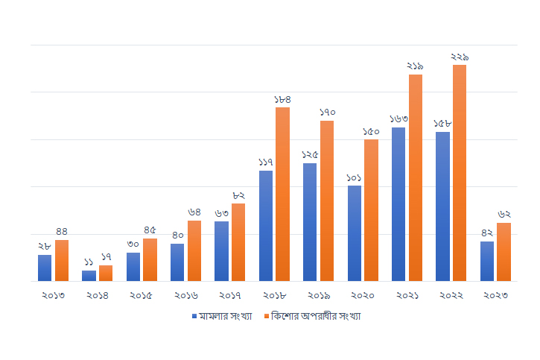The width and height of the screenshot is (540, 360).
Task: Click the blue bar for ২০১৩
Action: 45,268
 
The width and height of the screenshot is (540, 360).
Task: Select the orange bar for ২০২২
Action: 460,173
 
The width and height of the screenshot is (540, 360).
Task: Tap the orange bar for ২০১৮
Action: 282,194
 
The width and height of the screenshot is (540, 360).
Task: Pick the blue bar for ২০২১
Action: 398,204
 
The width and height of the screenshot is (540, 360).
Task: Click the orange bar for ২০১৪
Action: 106,273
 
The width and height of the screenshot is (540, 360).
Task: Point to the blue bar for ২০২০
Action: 355,233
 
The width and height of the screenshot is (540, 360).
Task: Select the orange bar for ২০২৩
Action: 504,252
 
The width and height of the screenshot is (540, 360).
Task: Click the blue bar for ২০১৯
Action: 310,222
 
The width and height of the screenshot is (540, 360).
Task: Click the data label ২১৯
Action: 415,66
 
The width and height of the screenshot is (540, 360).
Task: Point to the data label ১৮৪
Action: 282,99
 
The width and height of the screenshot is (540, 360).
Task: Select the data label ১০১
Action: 355,177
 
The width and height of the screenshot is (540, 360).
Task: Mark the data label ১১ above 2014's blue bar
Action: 89,262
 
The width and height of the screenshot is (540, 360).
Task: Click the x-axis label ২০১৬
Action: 185,295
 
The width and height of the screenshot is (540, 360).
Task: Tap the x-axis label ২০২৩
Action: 495,295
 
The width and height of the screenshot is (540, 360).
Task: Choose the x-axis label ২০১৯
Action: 318,295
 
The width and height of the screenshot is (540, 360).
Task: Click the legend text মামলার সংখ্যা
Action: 225,316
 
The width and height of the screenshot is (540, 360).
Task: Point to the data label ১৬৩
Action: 398,119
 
